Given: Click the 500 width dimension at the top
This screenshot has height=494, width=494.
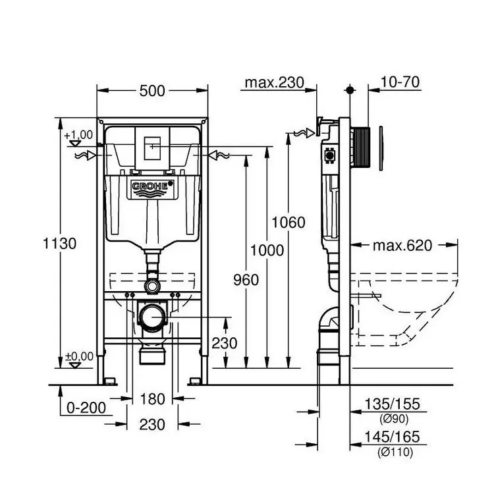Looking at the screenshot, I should pos(152,92).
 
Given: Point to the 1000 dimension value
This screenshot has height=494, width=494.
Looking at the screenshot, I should pos(267,250).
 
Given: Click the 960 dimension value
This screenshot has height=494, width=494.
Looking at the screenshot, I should pos(246,279).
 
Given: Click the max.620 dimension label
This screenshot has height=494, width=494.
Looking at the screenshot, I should pos(402,246).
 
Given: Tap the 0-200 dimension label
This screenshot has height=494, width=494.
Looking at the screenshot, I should pos(86,408).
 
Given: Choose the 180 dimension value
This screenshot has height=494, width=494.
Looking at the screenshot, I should pos(152,398).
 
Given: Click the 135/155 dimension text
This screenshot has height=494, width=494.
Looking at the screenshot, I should pos(392,404).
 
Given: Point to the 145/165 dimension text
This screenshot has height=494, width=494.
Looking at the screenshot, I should pos(392,437).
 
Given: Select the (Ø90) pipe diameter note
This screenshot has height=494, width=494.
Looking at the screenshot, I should pos(392,418).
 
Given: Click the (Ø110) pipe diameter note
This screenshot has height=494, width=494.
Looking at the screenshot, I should pos(392,451).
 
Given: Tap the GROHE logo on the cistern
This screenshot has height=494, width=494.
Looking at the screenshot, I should pos(152,188).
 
